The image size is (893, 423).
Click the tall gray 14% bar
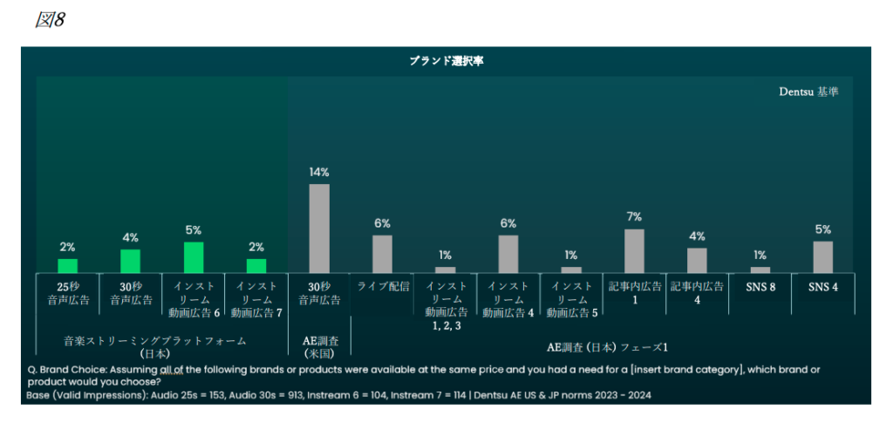pos(319,229)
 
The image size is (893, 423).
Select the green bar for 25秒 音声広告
pos(68,266)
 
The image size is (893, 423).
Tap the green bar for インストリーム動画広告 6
pos(194,257)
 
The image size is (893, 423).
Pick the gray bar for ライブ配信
pos(382,254)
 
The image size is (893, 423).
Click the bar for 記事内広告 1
pos(634,251)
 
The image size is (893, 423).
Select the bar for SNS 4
pos(822,257)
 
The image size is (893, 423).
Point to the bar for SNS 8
pos(760,269)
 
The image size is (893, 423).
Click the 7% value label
pos(634,216)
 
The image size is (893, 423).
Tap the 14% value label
pos(319,172)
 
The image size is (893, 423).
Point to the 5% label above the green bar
pos(194,230)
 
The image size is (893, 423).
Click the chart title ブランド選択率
pos(446,61)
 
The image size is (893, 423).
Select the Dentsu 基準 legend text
pos(809,91)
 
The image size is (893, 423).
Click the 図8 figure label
pos(50,20)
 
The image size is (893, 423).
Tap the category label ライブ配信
pos(382,286)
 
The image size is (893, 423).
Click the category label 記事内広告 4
pos(697,293)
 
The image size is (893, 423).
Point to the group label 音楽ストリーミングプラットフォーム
pos(155,340)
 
